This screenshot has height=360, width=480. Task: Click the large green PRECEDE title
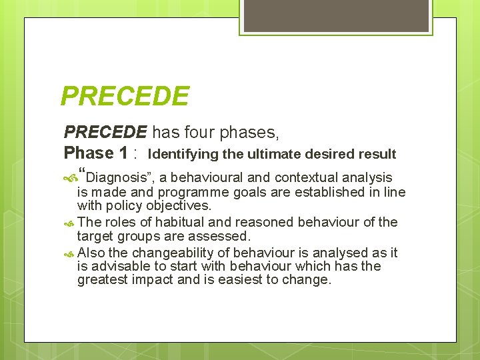click(125, 96)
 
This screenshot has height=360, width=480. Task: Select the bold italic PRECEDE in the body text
click(105, 132)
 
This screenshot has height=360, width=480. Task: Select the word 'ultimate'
click(274, 155)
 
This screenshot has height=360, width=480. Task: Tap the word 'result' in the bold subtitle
click(378, 155)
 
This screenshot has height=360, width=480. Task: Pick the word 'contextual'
click(306, 178)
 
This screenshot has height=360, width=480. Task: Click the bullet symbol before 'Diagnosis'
click(70, 178)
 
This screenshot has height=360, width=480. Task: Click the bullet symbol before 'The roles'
click(70, 222)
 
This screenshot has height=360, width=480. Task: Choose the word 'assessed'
click(221, 236)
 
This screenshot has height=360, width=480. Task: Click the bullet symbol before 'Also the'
click(70, 253)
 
